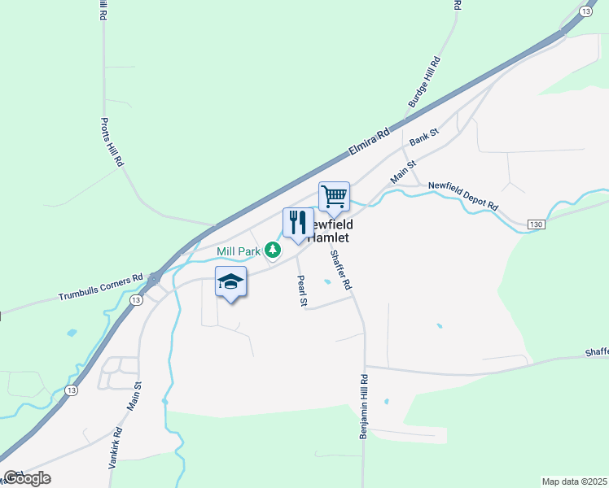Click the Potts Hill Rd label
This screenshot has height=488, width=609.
coord(112,142)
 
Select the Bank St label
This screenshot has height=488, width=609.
coord(424,136)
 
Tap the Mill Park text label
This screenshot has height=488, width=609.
coord(239,251)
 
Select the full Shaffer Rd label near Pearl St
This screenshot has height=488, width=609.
coord(340,270)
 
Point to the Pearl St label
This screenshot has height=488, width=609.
coord(301,291)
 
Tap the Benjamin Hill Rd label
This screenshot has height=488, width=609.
coord(364,407)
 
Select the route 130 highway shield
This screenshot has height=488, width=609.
coord(534,224)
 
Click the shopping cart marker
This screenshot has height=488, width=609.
coord(334,196)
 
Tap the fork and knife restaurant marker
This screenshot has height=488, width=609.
coord(298,222)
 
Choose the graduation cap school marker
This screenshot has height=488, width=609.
coord(231,281)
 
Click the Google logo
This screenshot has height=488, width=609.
coord(27,478)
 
